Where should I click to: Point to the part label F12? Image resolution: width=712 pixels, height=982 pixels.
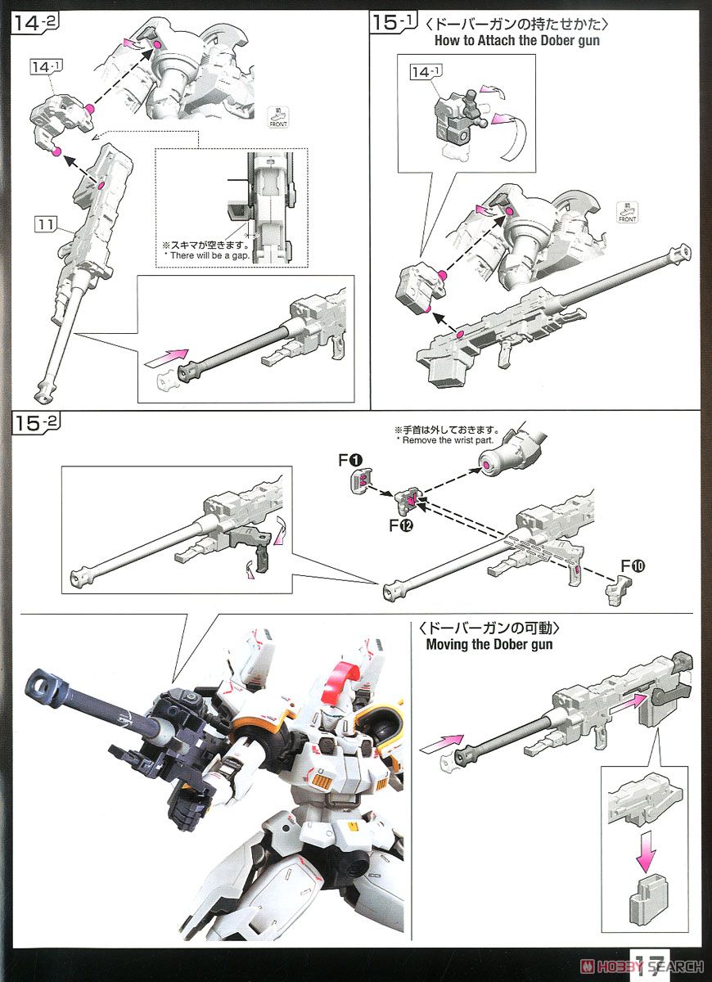(x=401, y=525)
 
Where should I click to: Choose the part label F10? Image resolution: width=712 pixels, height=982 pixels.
(x=633, y=565)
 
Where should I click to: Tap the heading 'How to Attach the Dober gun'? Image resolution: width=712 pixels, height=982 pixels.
(x=516, y=40)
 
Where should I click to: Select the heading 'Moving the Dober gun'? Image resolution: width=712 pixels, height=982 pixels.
(x=489, y=644)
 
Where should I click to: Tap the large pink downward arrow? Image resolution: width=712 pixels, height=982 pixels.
(x=646, y=851)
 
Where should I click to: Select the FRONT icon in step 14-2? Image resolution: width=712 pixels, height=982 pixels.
(x=277, y=118)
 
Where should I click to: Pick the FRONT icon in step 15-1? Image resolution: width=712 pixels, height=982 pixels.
(x=628, y=211)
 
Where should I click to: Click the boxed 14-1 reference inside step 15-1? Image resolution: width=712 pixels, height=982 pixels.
(x=426, y=73)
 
